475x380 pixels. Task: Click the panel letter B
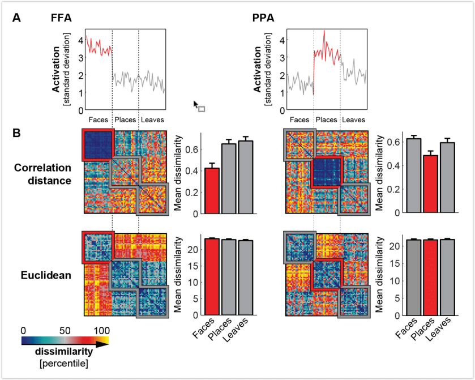tap(17, 134)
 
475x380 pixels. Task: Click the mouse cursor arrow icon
tap(196, 105)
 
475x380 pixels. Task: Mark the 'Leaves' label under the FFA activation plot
tap(152, 119)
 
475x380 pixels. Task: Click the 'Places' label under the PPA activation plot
tap(327, 119)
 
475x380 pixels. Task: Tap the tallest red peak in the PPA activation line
tap(324, 31)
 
